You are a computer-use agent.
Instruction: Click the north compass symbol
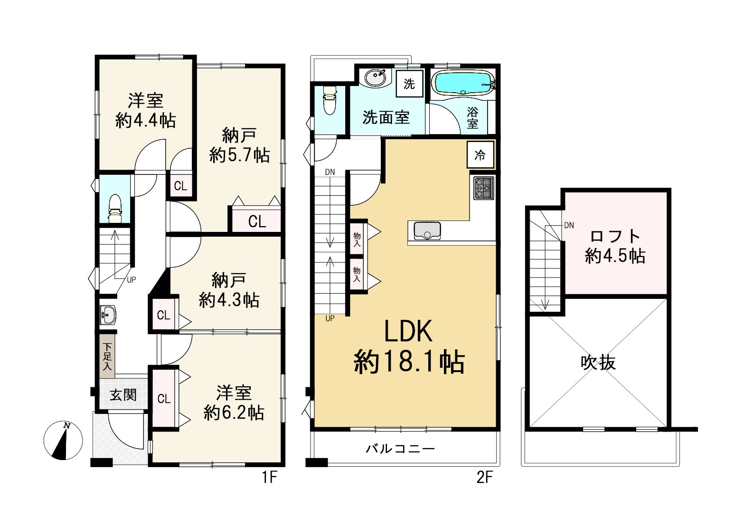[x=63, y=440]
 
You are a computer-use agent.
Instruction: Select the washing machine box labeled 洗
[x=410, y=84]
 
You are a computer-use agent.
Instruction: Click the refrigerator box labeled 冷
[x=480, y=155]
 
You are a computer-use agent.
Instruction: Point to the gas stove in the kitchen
[x=484, y=188]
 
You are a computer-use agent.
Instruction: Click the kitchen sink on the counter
[x=427, y=230]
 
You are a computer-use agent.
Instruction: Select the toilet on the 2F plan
[x=330, y=100]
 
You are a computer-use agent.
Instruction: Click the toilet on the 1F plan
[x=115, y=209]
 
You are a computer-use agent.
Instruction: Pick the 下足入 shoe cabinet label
[x=107, y=357]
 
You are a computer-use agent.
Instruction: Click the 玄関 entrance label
[x=123, y=395]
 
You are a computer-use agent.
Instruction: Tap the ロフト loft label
[x=615, y=236]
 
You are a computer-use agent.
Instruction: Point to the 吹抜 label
[x=598, y=363]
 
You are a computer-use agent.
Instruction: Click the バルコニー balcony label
[x=400, y=449]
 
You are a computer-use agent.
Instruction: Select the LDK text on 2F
[x=408, y=331]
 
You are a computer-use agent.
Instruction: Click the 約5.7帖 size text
[x=239, y=155]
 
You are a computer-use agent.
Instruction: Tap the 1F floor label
[x=269, y=478]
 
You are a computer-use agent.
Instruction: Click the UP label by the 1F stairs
[x=132, y=280]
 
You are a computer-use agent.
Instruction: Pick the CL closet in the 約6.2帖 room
[x=163, y=399]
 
